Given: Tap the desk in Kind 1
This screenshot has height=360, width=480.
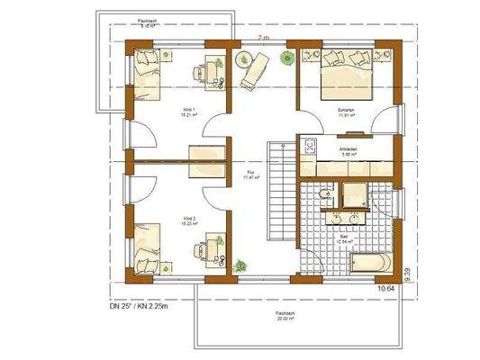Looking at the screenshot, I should coord(214,70).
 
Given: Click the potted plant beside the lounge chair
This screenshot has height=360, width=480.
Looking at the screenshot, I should coord(242,58).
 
